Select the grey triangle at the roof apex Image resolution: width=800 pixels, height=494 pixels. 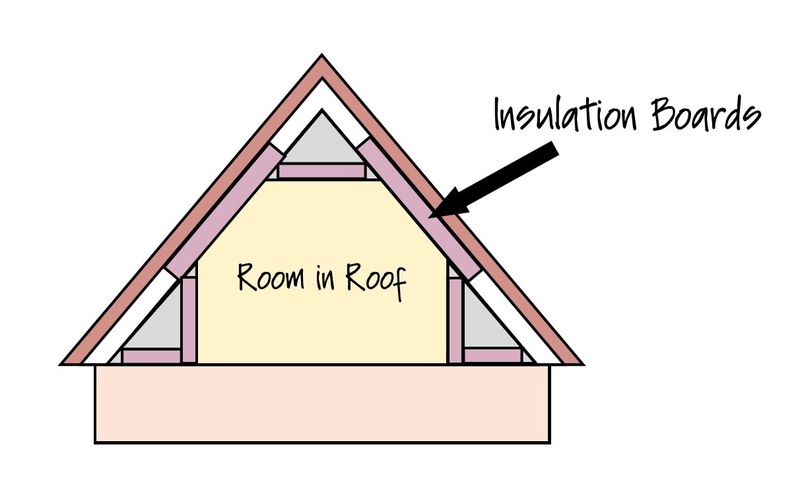[322, 142]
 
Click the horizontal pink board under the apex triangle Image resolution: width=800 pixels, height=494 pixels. [321, 171]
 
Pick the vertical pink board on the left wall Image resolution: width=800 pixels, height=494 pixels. [189, 320]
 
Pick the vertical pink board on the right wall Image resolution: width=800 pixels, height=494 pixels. [455, 320]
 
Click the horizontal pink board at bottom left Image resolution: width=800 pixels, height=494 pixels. [151, 356]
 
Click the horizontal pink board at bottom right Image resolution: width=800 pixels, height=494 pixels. [492, 356]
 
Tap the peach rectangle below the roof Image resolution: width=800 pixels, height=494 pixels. [322, 404]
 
